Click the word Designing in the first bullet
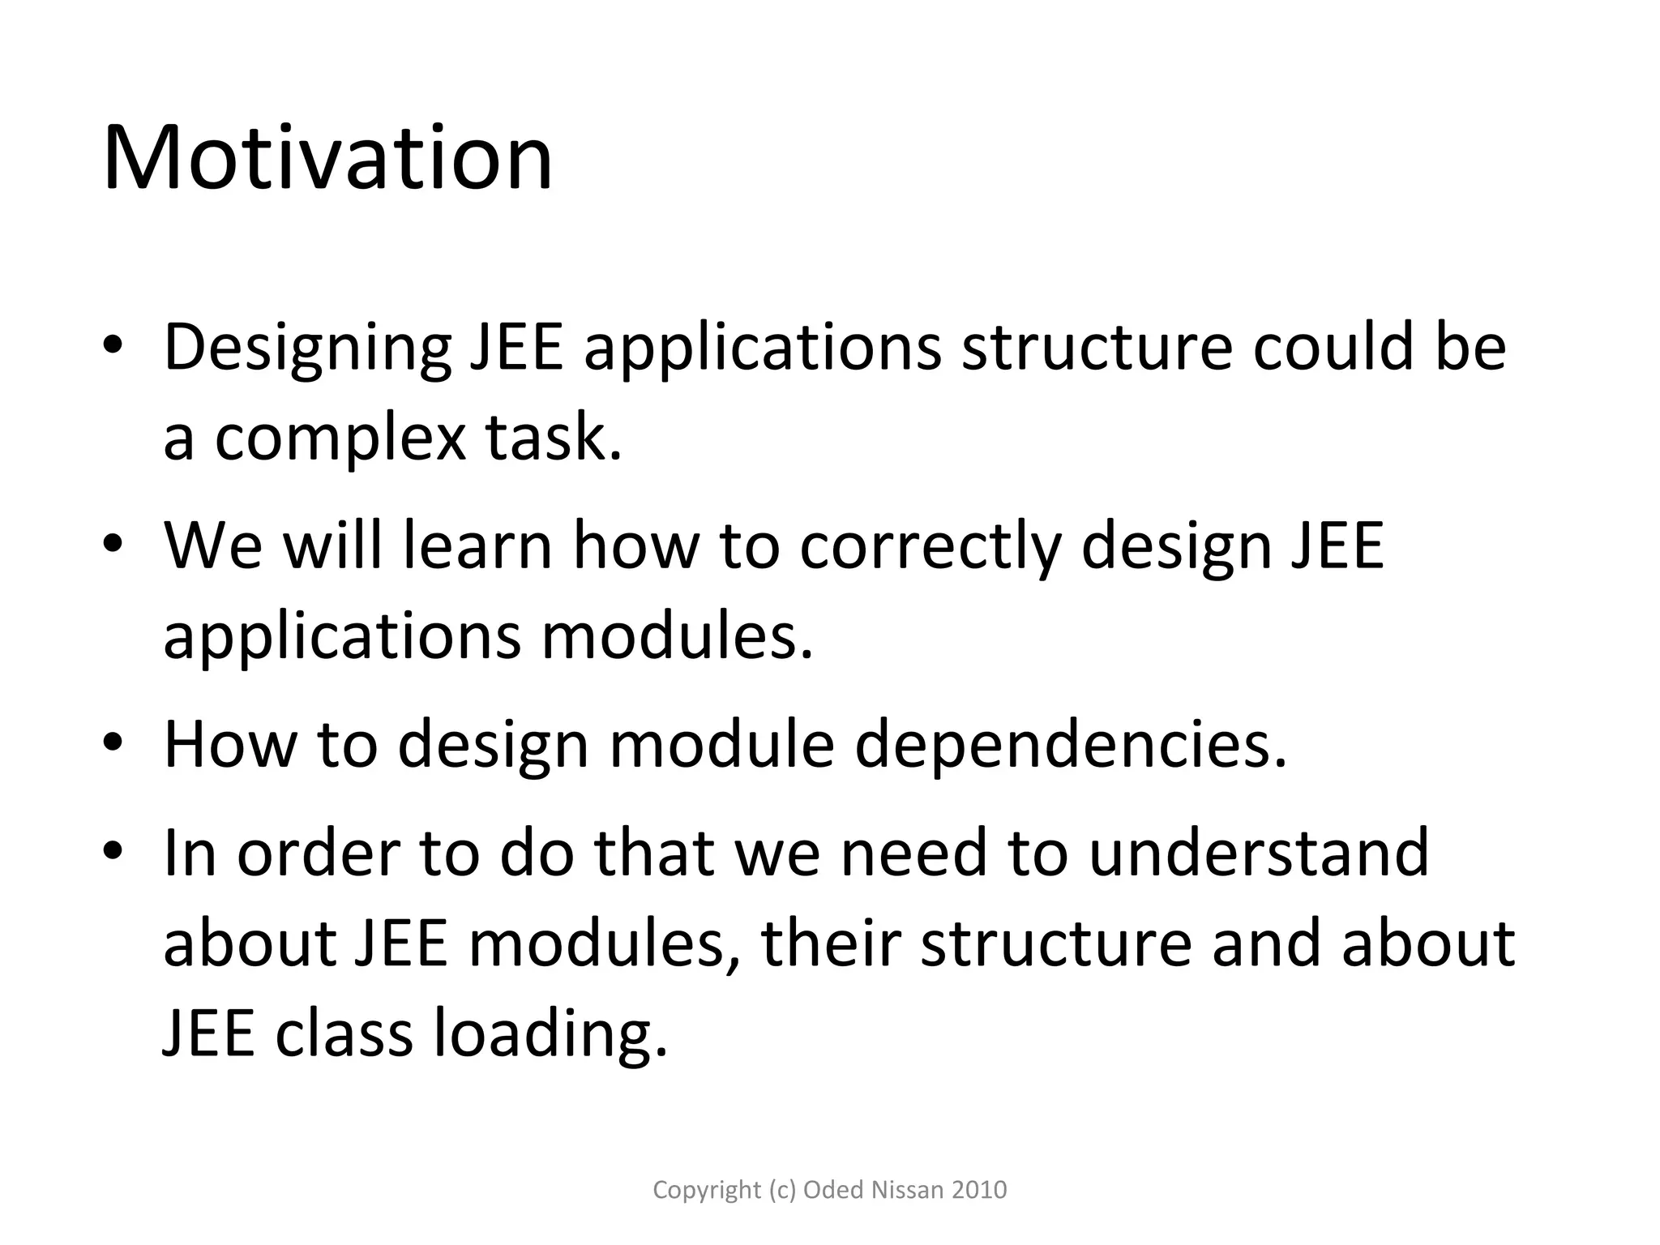(x=307, y=349)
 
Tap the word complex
(x=340, y=439)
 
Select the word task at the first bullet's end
(x=554, y=439)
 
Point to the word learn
(x=477, y=545)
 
